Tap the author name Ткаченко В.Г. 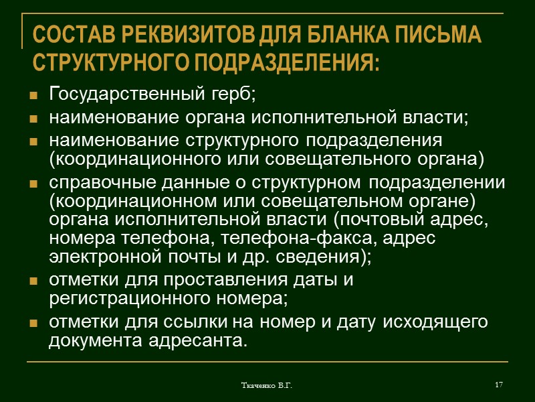click(x=267, y=386)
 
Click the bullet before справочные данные click(x=32, y=184)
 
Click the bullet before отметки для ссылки click(x=32, y=323)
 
